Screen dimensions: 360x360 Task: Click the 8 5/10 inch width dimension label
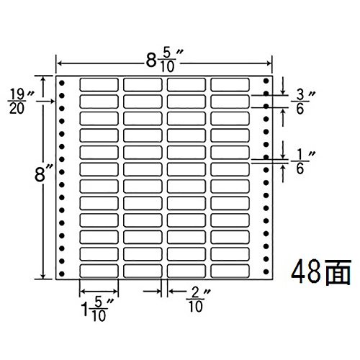click(x=165, y=61)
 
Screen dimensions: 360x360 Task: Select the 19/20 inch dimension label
click(x=19, y=101)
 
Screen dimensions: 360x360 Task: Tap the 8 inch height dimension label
click(x=43, y=174)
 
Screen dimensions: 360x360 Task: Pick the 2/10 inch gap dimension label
click(x=198, y=300)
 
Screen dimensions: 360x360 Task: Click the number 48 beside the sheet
click(x=305, y=271)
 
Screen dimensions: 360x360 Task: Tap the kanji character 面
click(x=336, y=272)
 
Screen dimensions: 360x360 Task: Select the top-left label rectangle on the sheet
click(x=99, y=84)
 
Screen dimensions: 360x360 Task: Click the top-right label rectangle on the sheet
click(x=230, y=84)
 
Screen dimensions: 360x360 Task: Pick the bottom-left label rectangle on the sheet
click(x=99, y=271)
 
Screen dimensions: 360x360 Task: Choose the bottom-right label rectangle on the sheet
click(x=230, y=271)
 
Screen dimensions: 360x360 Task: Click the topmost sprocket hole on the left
click(x=62, y=83)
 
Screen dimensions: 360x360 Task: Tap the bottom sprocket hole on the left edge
click(x=62, y=274)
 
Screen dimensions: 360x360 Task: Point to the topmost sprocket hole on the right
click(x=266, y=81)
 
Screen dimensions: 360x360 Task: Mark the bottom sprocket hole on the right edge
click(x=266, y=271)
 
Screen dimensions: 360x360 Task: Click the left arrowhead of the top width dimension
click(x=60, y=63)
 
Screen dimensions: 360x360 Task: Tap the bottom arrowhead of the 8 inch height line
click(x=43, y=276)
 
